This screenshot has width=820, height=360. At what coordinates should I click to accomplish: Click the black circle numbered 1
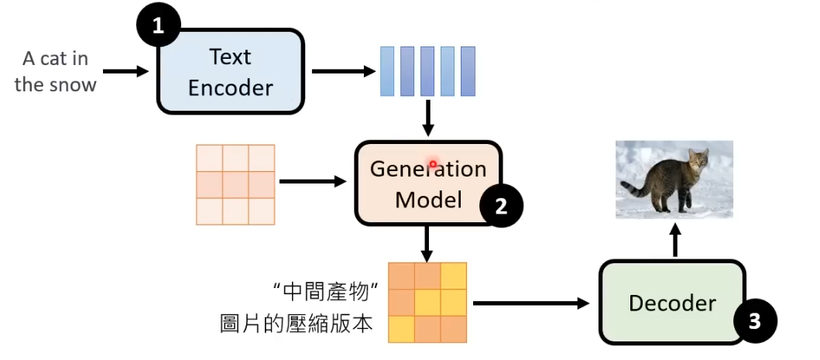(x=159, y=26)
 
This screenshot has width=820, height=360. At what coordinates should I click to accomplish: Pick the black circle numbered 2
(x=501, y=205)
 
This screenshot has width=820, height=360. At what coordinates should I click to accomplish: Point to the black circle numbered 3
(x=753, y=321)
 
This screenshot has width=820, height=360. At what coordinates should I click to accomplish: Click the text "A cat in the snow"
(x=55, y=71)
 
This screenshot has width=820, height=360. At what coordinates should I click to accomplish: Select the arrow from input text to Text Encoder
(x=125, y=71)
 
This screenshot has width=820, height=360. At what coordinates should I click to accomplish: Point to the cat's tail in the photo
(x=633, y=187)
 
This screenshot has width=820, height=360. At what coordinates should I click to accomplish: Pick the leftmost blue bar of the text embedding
(x=386, y=71)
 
